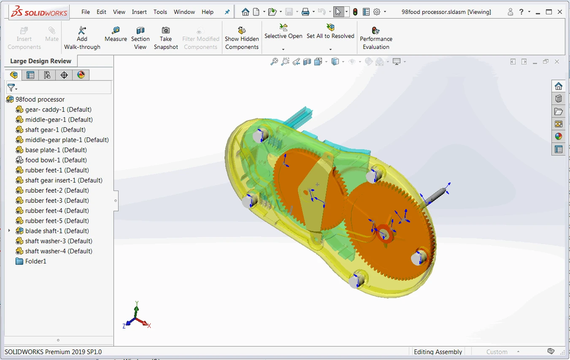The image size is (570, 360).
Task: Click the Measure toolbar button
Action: pyautogui.click(x=116, y=34)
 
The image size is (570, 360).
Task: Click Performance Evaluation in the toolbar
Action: pyautogui.click(x=376, y=38)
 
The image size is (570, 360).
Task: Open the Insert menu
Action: pyautogui.click(x=139, y=12)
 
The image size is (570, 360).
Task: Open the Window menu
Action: pyautogui.click(x=184, y=12)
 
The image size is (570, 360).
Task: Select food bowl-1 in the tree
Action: pyautogui.click(x=56, y=160)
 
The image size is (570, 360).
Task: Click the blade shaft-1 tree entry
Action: pyautogui.click(x=57, y=231)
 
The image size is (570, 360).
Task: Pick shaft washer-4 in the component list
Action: pyautogui.click(x=58, y=251)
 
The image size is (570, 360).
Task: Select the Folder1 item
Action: pyautogui.click(x=35, y=261)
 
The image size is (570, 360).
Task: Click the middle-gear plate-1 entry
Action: pyautogui.click(x=67, y=140)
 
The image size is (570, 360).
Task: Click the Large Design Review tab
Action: pyautogui.click(x=41, y=61)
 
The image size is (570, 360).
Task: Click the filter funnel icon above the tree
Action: pyautogui.click(x=11, y=87)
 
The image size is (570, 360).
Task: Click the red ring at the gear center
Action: pyautogui.click(x=384, y=234)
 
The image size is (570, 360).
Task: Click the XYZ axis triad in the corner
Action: pyautogui.click(x=136, y=318)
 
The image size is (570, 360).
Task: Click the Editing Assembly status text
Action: pyautogui.click(x=438, y=352)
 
